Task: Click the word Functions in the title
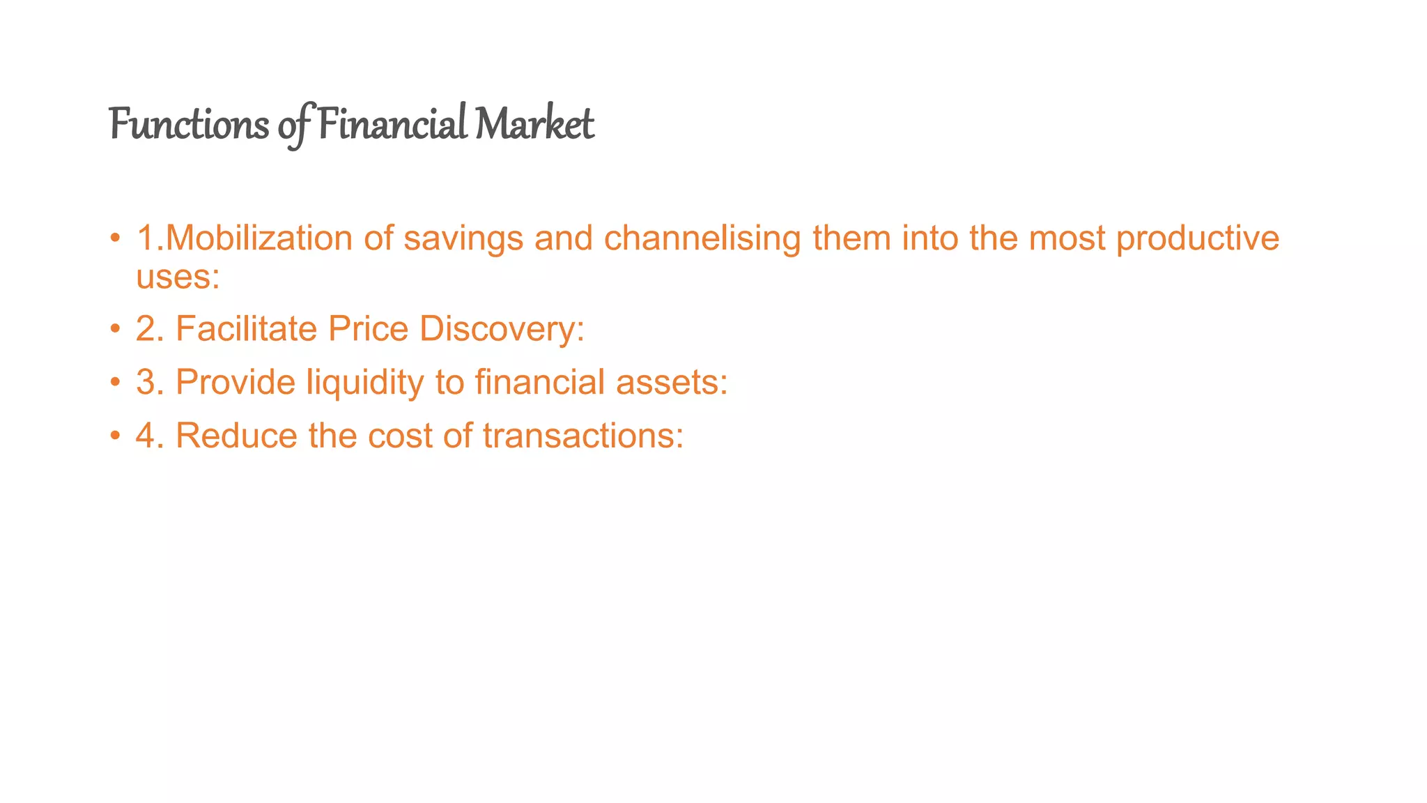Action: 189,125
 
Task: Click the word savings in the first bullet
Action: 463,238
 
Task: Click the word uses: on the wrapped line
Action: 178,277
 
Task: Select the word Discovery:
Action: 502,328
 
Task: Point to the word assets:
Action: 672,383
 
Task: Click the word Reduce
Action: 236,436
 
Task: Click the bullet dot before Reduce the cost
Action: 115,437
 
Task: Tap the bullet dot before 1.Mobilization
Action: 115,239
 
